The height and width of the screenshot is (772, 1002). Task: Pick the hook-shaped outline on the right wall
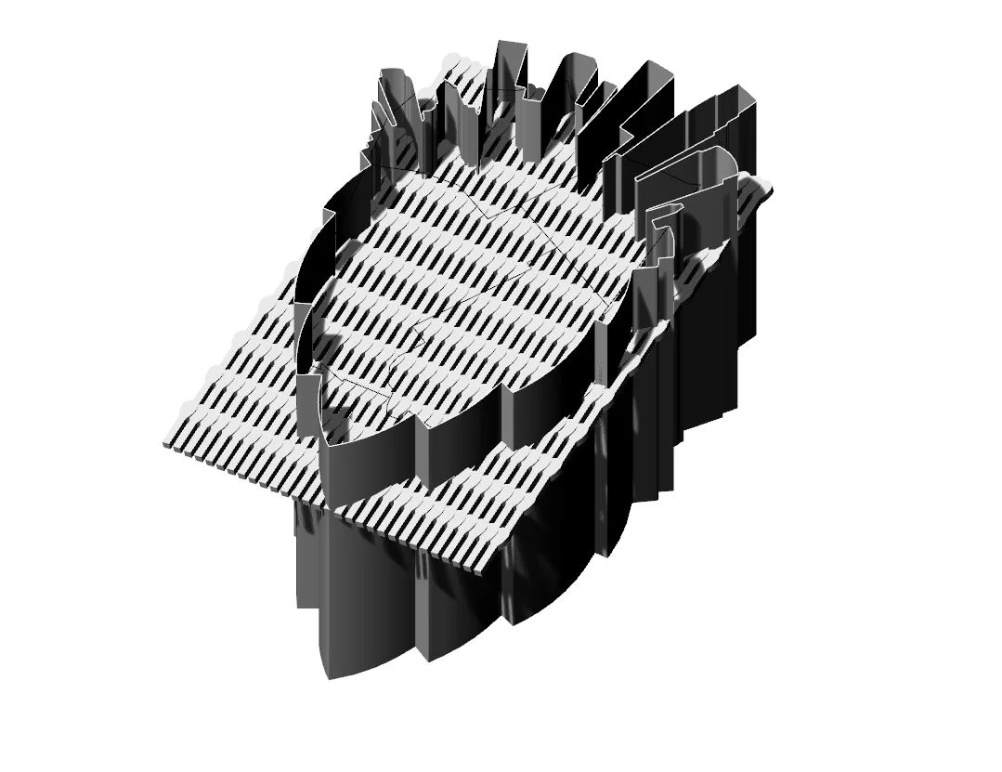[x=661, y=223]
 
